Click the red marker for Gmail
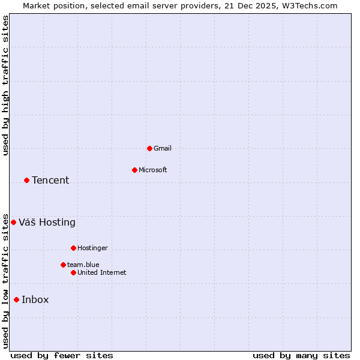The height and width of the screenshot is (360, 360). [x=149, y=148]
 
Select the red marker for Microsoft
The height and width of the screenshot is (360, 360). [x=134, y=170]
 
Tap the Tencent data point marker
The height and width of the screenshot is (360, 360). [x=26, y=180]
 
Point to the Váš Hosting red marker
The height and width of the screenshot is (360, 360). [x=13, y=222]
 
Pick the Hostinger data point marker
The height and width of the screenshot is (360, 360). [x=73, y=248]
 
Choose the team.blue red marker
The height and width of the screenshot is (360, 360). [x=63, y=265]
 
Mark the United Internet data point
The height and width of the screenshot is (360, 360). [x=73, y=272]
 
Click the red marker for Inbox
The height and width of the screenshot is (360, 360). [x=16, y=299]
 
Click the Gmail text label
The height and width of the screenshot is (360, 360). [x=163, y=148]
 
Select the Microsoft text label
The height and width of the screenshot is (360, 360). [x=153, y=170]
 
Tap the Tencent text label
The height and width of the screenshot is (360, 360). [x=50, y=180]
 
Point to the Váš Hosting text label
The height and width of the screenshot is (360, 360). [x=47, y=222]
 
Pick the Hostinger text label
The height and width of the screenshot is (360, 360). [x=92, y=248]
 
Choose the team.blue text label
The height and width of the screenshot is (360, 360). [x=83, y=265]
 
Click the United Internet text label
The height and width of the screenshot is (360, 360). [x=102, y=272]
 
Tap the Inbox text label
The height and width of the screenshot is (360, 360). [x=35, y=299]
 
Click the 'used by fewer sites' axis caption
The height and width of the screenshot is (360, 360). [x=62, y=355]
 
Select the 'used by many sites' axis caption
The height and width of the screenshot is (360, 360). [x=301, y=355]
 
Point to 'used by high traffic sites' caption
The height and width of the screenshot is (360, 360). [x=6, y=85]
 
